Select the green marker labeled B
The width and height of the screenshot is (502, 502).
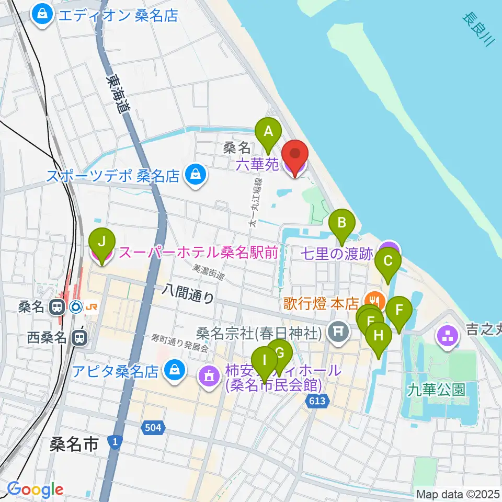[x=341, y=224]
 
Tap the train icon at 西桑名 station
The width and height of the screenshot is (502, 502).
[x=79, y=337]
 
